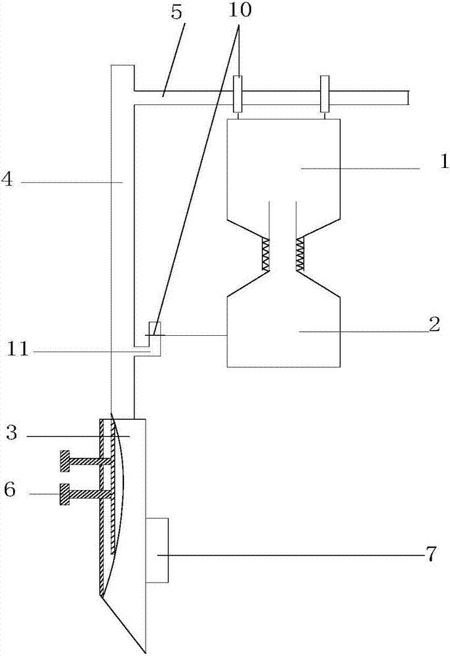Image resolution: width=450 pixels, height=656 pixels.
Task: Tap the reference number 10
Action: [x=239, y=10]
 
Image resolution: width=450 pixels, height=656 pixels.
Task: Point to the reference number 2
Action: [x=434, y=325]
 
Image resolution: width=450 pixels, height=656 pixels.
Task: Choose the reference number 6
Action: [x=10, y=489]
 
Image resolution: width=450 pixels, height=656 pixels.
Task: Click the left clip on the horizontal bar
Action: [x=237, y=94]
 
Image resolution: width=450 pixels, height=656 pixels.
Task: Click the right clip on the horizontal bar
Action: [x=325, y=94]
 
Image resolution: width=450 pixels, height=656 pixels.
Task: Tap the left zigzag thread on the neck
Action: [x=265, y=254]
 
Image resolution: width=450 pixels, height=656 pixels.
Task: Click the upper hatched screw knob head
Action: [x=64, y=461]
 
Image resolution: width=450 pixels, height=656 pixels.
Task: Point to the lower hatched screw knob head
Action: [x=64, y=494]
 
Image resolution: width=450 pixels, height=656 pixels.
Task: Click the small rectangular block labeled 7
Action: [x=157, y=550]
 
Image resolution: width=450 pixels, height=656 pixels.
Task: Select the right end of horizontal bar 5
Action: [x=408, y=98]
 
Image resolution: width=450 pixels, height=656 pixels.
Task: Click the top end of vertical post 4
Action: [x=123, y=65]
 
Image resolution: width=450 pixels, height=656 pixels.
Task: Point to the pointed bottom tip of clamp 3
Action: [x=145, y=652]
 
